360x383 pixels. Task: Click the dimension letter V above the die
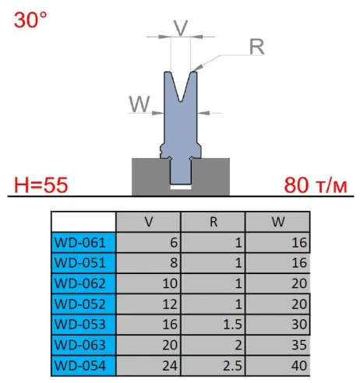[180, 27]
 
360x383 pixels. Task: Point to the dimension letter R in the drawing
[256, 47]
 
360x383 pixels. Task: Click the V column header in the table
[148, 221]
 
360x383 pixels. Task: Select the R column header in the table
[213, 221]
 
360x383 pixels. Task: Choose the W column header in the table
[277, 221]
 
